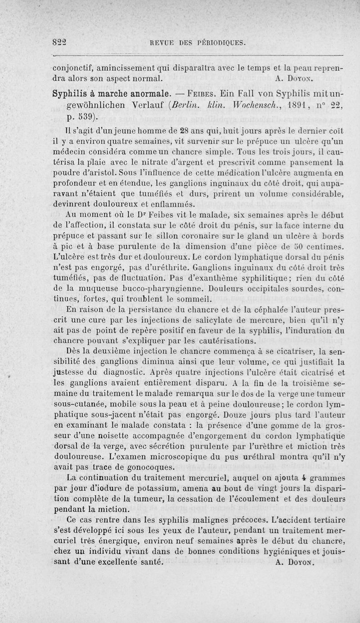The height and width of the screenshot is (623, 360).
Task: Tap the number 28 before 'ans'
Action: click(x=154, y=131)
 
